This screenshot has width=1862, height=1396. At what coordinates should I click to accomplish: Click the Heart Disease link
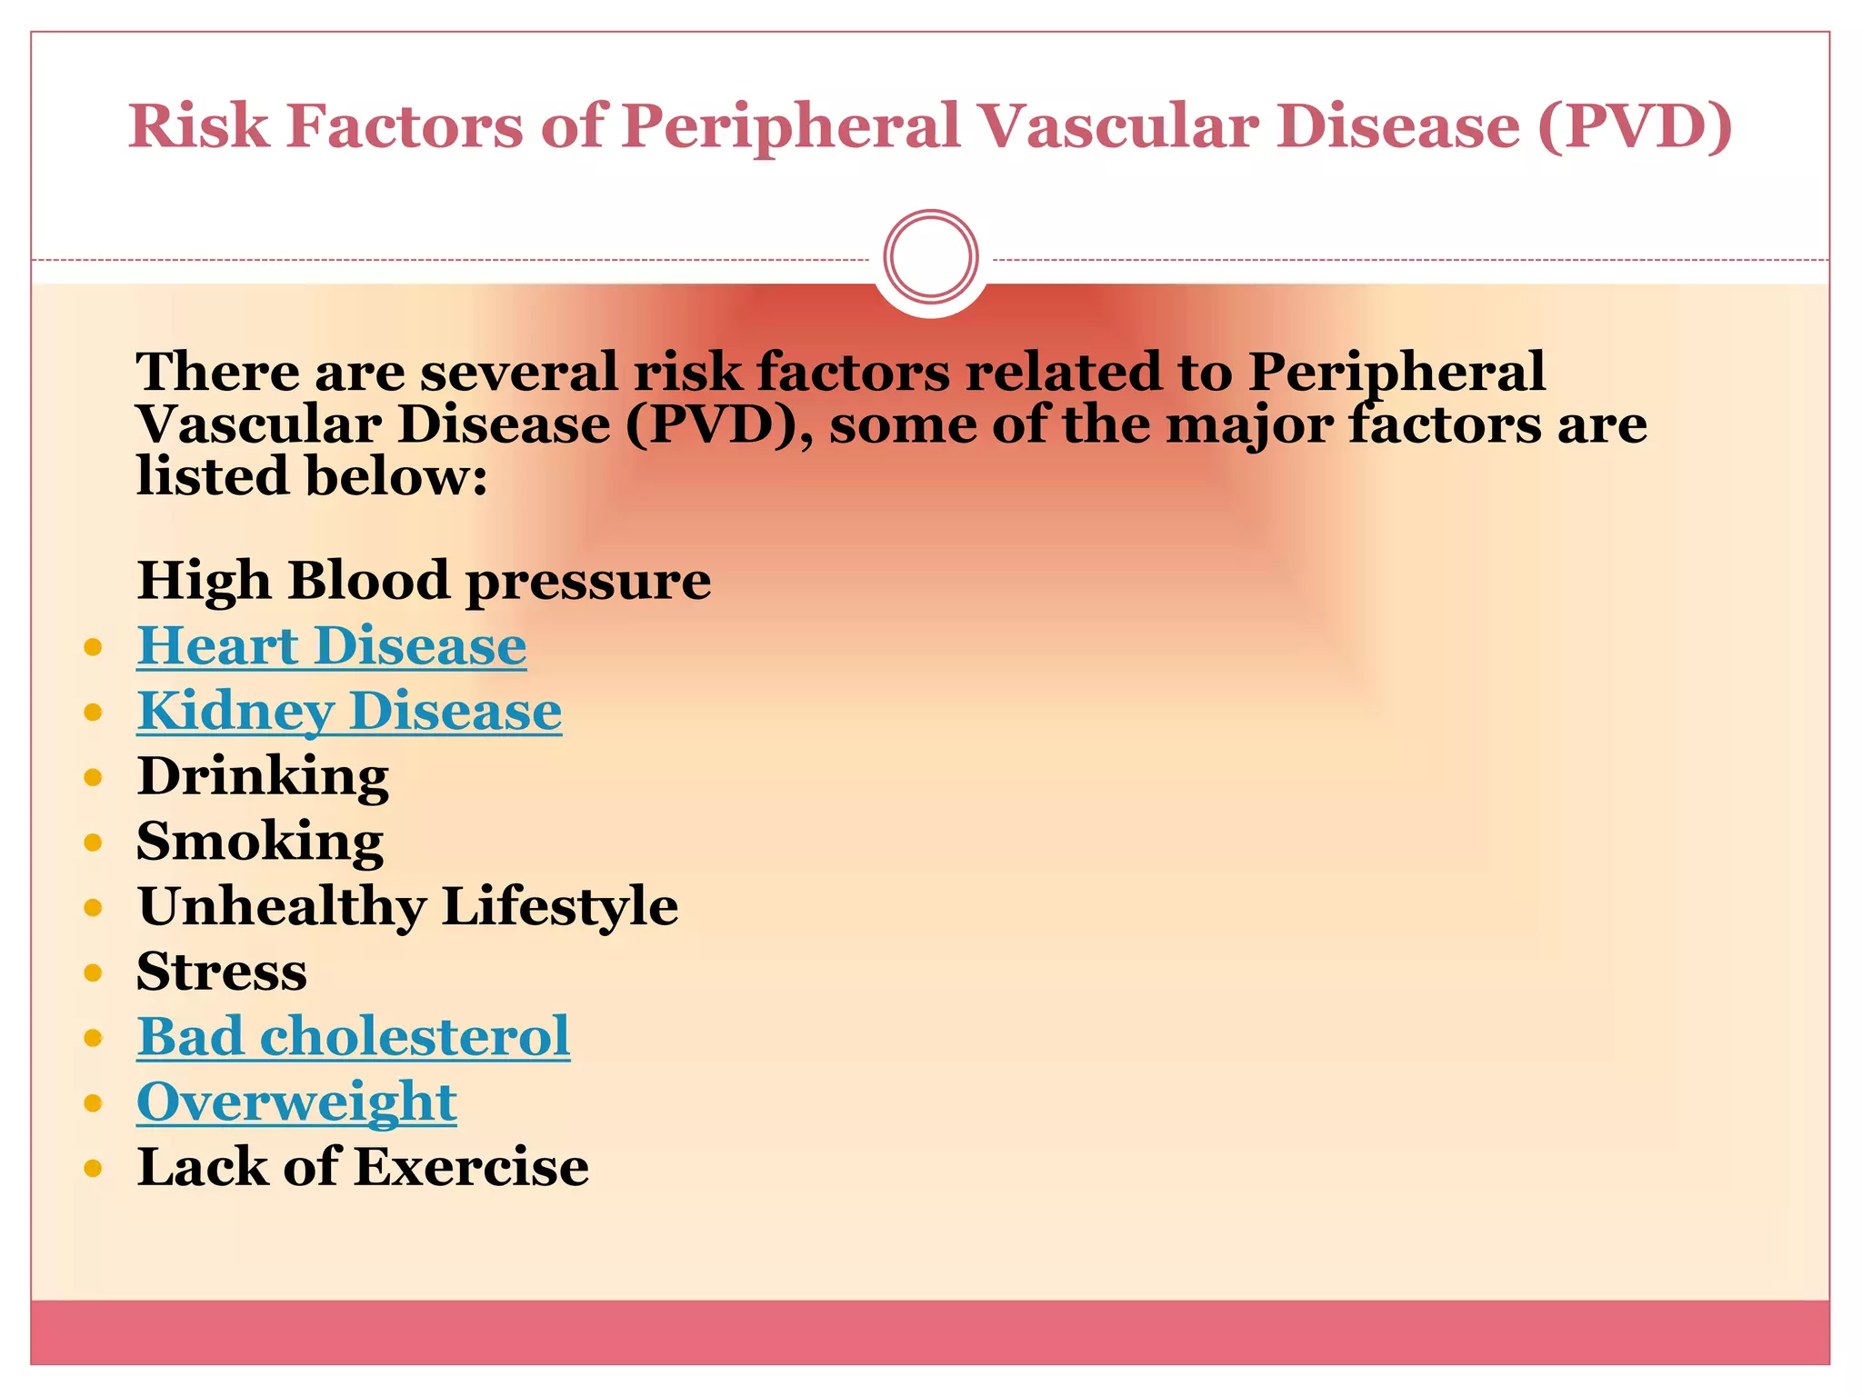[331, 646]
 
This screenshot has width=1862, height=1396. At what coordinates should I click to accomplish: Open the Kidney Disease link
[349, 712]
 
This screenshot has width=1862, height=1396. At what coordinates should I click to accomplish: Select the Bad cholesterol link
[353, 1037]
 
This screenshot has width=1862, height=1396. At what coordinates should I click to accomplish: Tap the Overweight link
[296, 1102]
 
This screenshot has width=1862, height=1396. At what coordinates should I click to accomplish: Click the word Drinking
[263, 777]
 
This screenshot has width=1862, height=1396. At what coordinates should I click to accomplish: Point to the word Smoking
[260, 842]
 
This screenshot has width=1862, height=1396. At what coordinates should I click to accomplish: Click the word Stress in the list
[222, 972]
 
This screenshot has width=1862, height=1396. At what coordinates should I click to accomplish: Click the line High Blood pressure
[424, 581]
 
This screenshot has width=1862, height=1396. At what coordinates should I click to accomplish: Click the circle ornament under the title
[930, 256]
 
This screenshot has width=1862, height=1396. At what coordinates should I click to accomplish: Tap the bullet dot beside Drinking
[93, 778]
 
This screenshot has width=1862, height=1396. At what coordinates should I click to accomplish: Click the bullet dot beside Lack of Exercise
[93, 1168]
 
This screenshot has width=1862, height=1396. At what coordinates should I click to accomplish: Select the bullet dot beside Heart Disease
[93, 647]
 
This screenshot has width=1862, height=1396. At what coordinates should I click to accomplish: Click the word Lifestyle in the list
[560, 907]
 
